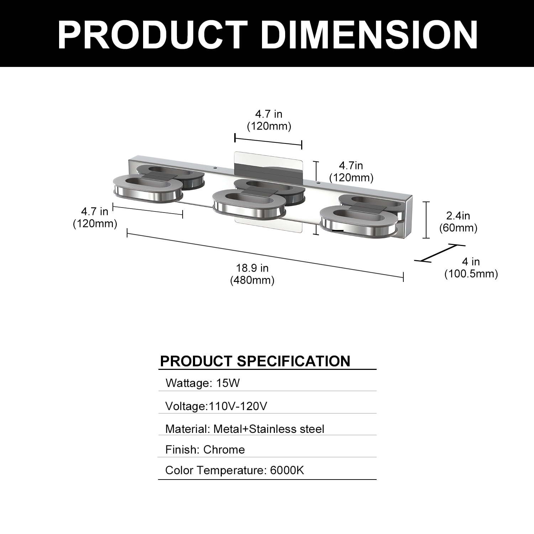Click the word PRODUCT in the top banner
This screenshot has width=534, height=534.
(x=153, y=35)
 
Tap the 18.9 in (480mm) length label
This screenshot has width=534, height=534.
(x=252, y=274)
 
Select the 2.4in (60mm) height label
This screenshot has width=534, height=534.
(x=458, y=221)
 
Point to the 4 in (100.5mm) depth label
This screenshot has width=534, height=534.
(x=471, y=268)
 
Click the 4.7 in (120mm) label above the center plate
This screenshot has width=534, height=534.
(x=269, y=120)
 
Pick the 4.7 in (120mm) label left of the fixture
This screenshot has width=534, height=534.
(x=95, y=217)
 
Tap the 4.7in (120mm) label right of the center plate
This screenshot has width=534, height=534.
(x=351, y=171)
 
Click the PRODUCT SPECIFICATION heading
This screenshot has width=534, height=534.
(x=255, y=361)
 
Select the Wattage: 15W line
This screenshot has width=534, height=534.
(x=203, y=383)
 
